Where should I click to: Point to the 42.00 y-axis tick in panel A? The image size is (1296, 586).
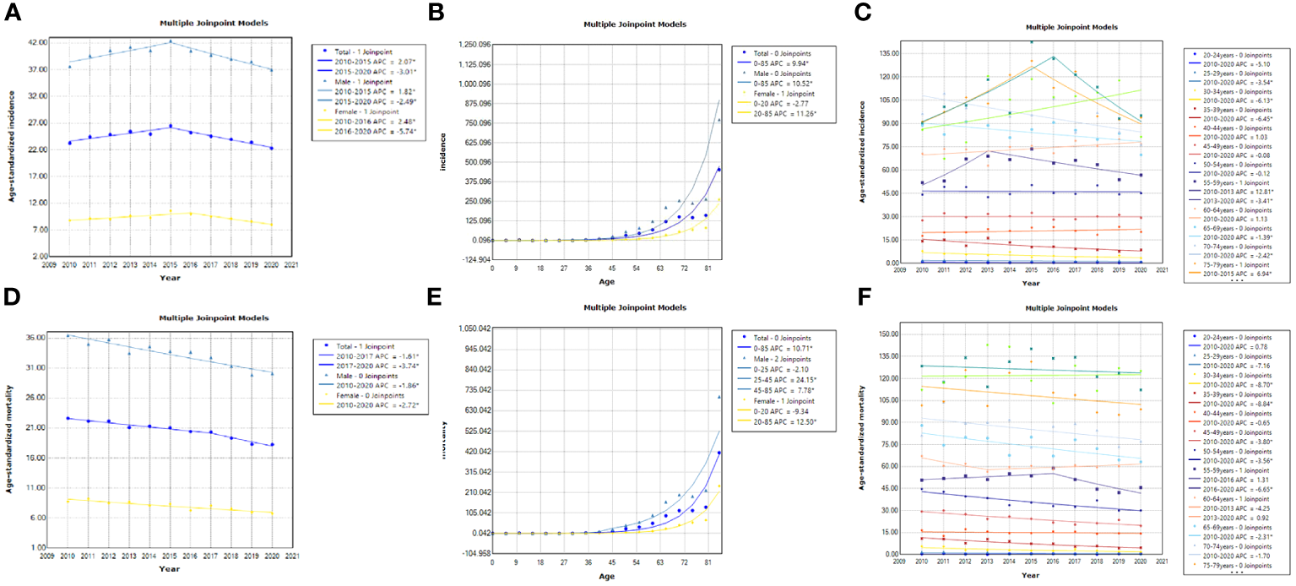(x=36, y=42)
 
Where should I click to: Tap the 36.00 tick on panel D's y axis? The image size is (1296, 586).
(x=35, y=338)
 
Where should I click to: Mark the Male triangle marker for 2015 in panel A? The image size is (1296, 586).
(x=171, y=41)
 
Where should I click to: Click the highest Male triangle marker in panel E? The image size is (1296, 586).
(x=719, y=396)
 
